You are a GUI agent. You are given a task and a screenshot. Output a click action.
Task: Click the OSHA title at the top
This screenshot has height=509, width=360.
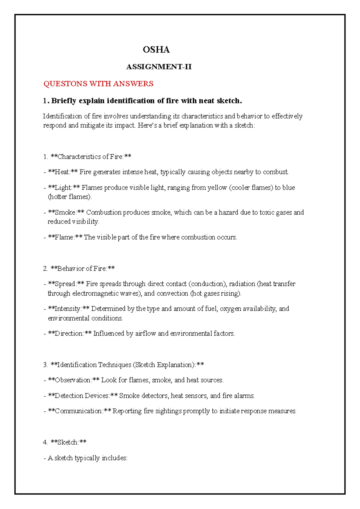[156, 50]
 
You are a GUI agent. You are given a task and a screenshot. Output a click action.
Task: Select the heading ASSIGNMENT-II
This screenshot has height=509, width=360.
[159, 67]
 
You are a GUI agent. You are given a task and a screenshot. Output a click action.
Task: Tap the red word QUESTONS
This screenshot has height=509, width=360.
[65, 84]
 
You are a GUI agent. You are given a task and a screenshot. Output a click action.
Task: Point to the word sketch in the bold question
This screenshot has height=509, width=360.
[229, 101]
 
